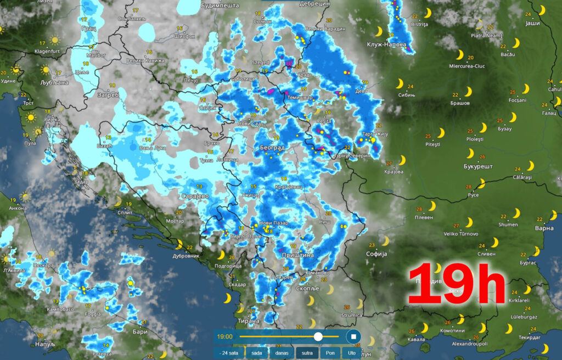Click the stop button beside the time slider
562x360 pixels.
[x=354, y=336]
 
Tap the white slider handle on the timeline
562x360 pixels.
[x=318, y=336]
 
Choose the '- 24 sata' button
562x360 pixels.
[x=228, y=353]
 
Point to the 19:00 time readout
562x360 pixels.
[x=225, y=336]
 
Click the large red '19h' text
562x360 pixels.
[x=456, y=283]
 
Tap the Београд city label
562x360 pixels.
[x=272, y=148]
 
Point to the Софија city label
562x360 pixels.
[x=376, y=254]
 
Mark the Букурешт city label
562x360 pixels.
[x=478, y=166]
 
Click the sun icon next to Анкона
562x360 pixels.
[x=25, y=196]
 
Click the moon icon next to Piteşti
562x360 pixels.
[x=441, y=133]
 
